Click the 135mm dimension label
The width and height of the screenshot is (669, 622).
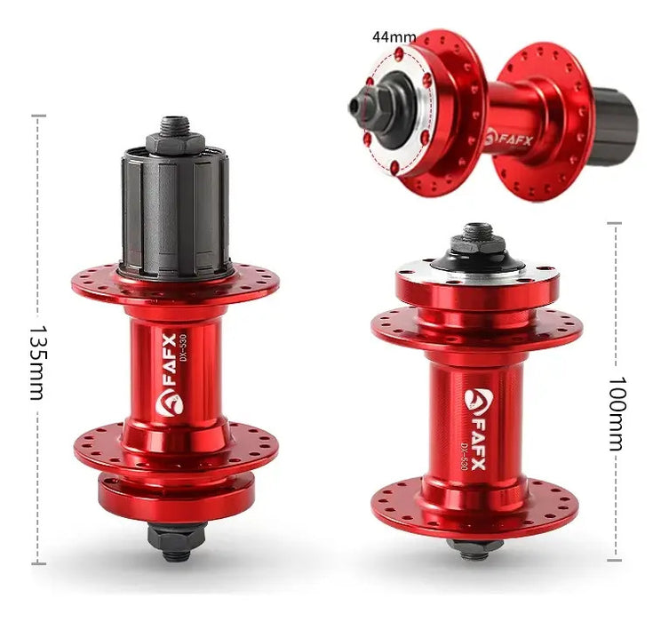[37, 363]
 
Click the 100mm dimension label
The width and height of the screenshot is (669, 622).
[616, 413]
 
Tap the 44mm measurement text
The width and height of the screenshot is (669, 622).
[394, 36]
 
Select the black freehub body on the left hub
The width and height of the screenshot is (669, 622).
[176, 212]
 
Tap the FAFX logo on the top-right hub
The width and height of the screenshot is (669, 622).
[509, 139]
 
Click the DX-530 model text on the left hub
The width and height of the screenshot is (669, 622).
[183, 348]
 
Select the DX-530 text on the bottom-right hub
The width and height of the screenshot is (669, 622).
[463, 457]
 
